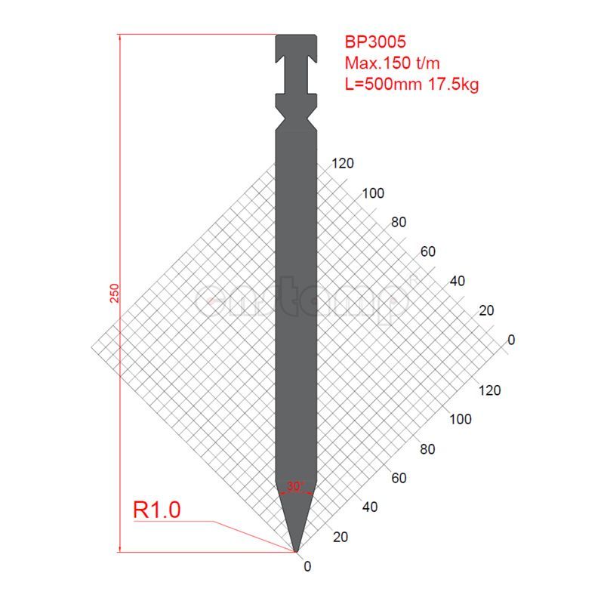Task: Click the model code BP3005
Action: pyautogui.click(x=376, y=42)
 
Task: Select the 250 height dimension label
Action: pyautogui.click(x=114, y=293)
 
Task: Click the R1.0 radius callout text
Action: pyautogui.click(x=156, y=510)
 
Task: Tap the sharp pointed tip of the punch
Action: pyautogui.click(x=296, y=550)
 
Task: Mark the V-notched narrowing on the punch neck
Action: pyautogui.click(x=295, y=116)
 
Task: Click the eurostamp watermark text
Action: pyautogui.click(x=302, y=300)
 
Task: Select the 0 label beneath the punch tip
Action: pyautogui.click(x=307, y=565)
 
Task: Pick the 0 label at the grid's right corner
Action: pyautogui.click(x=511, y=340)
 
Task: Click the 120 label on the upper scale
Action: pyautogui.click(x=342, y=164)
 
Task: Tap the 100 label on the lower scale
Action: pyautogui.click(x=461, y=420)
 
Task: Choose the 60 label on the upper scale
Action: pyautogui.click(x=428, y=252)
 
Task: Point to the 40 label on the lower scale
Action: pyautogui.click(x=369, y=507)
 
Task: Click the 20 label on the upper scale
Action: pyautogui.click(x=486, y=310)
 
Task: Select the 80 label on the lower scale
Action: pyautogui.click(x=427, y=449)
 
